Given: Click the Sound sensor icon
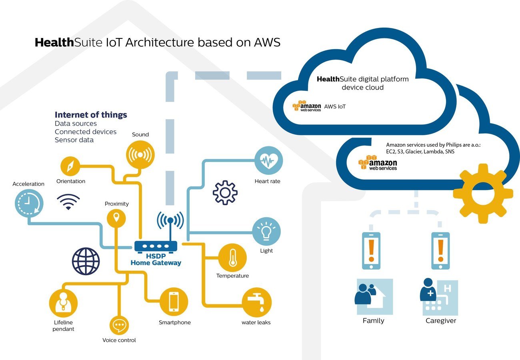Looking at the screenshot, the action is tap(140, 154).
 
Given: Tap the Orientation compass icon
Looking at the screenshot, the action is tap(70, 166).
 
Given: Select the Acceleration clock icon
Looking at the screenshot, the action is tap(29, 203).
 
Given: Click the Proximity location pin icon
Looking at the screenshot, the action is tap(116, 218).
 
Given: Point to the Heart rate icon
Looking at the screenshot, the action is tap(268, 160).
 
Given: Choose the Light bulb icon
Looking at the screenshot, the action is tap(266, 232).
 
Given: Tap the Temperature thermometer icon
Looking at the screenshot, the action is tap(232, 258).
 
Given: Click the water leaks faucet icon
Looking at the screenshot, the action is tap(257, 302).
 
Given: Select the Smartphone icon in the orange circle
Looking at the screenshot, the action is tap(174, 302).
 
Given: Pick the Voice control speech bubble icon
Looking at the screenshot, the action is tap(119, 325).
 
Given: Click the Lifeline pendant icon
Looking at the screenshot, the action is tap(63, 303).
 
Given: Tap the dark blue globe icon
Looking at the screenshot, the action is tap(86, 261).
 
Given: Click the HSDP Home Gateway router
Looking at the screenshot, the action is tap(156, 246).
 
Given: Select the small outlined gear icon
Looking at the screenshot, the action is tap(225, 192).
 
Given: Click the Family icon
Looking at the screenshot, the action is tap(374, 297).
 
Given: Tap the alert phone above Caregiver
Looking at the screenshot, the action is tap(440, 251).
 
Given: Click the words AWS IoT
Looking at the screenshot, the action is tap(335, 106).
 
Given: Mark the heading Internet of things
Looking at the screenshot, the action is tap(91, 115).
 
